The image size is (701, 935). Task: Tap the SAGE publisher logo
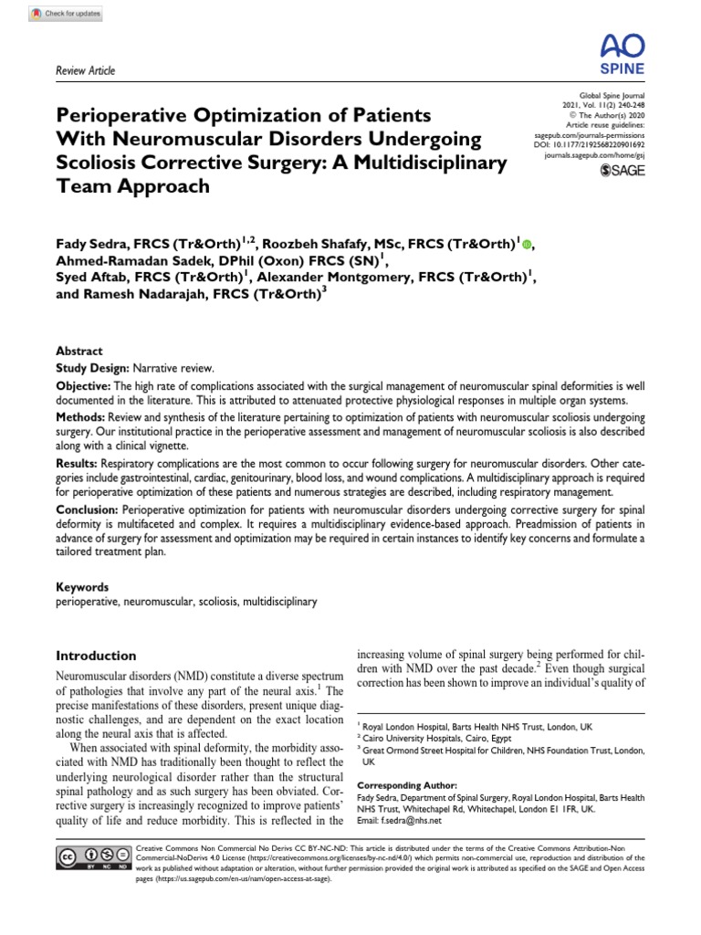tap(621, 170)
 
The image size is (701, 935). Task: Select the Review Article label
tap(86, 70)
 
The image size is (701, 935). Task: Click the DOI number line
tap(588, 144)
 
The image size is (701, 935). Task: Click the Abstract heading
tap(79, 351)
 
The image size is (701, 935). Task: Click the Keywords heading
tap(83, 587)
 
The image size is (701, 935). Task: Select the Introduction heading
tap(97, 656)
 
